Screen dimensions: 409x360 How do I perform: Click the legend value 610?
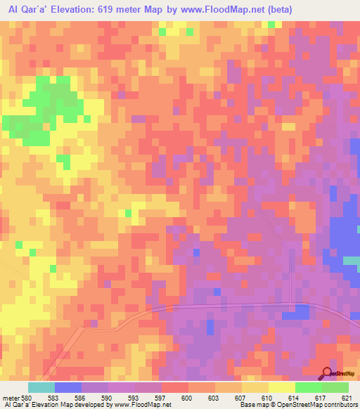(x=265, y=397)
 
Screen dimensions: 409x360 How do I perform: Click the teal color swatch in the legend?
(x=41, y=387)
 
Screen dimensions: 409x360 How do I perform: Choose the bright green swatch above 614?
(x=308, y=387)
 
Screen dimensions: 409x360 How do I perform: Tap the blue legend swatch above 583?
(x=67, y=387)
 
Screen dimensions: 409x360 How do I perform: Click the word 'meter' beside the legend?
(x=11, y=397)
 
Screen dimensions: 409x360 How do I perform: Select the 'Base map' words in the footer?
(x=252, y=405)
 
